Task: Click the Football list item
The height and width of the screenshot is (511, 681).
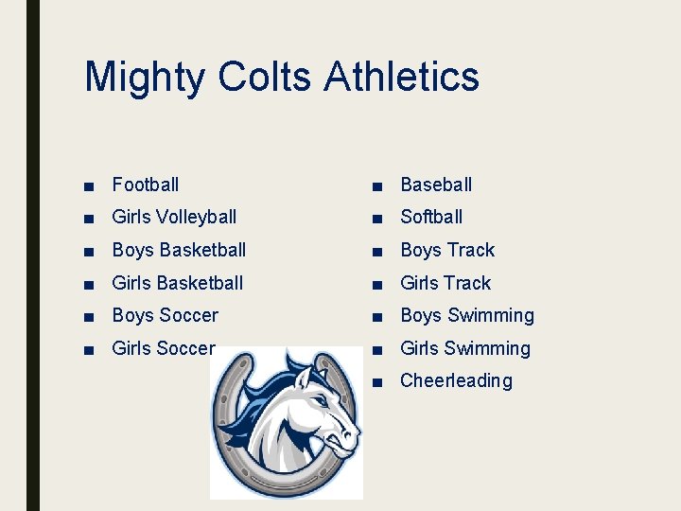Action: pos(145,185)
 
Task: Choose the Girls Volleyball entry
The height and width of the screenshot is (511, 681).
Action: pos(174,218)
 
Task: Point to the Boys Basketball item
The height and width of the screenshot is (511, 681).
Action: pos(179,250)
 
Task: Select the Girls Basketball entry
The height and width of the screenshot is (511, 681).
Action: pos(177,283)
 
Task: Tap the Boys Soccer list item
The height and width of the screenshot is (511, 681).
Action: pos(165,315)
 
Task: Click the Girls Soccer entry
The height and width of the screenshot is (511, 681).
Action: pos(163,348)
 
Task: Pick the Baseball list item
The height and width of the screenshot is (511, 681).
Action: pos(436,185)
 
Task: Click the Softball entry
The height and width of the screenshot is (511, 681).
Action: pos(431,218)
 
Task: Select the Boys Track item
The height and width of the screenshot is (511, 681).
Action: pos(447,250)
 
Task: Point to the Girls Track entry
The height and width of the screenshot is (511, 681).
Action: pos(445,283)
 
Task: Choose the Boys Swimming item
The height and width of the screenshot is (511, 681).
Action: pos(467,315)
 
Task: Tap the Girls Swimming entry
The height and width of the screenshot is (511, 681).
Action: pos(465,348)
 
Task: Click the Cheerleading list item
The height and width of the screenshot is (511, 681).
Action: pos(456,380)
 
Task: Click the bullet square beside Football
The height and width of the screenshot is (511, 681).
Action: pos(88,185)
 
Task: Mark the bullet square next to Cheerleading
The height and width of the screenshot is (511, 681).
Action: pos(377,381)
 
